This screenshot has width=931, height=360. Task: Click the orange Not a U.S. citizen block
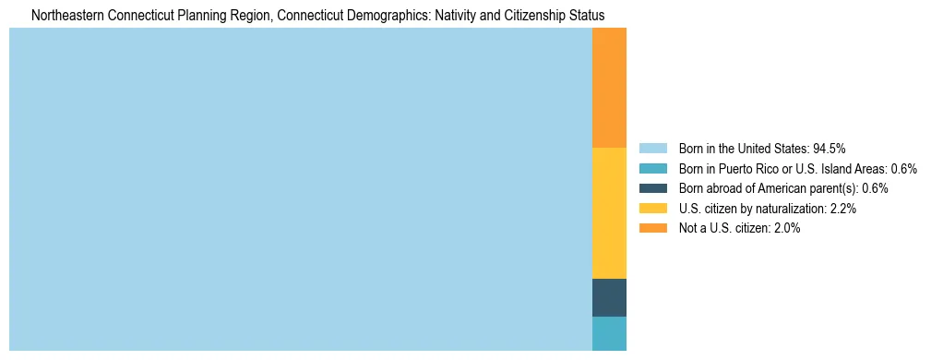point(609,88)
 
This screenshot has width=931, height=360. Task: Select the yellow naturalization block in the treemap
point(609,212)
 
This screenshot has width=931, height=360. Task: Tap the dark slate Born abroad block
point(609,297)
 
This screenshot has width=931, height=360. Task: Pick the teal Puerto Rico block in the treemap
point(609,333)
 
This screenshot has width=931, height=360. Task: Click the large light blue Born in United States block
point(300,189)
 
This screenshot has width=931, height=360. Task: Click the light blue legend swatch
point(652,149)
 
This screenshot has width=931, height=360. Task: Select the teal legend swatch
point(652,169)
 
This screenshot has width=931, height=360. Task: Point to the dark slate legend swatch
point(652,188)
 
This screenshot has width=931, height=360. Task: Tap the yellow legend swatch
point(652,209)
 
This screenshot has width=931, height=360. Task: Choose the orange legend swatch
point(652,229)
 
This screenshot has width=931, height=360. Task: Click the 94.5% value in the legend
point(830,149)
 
